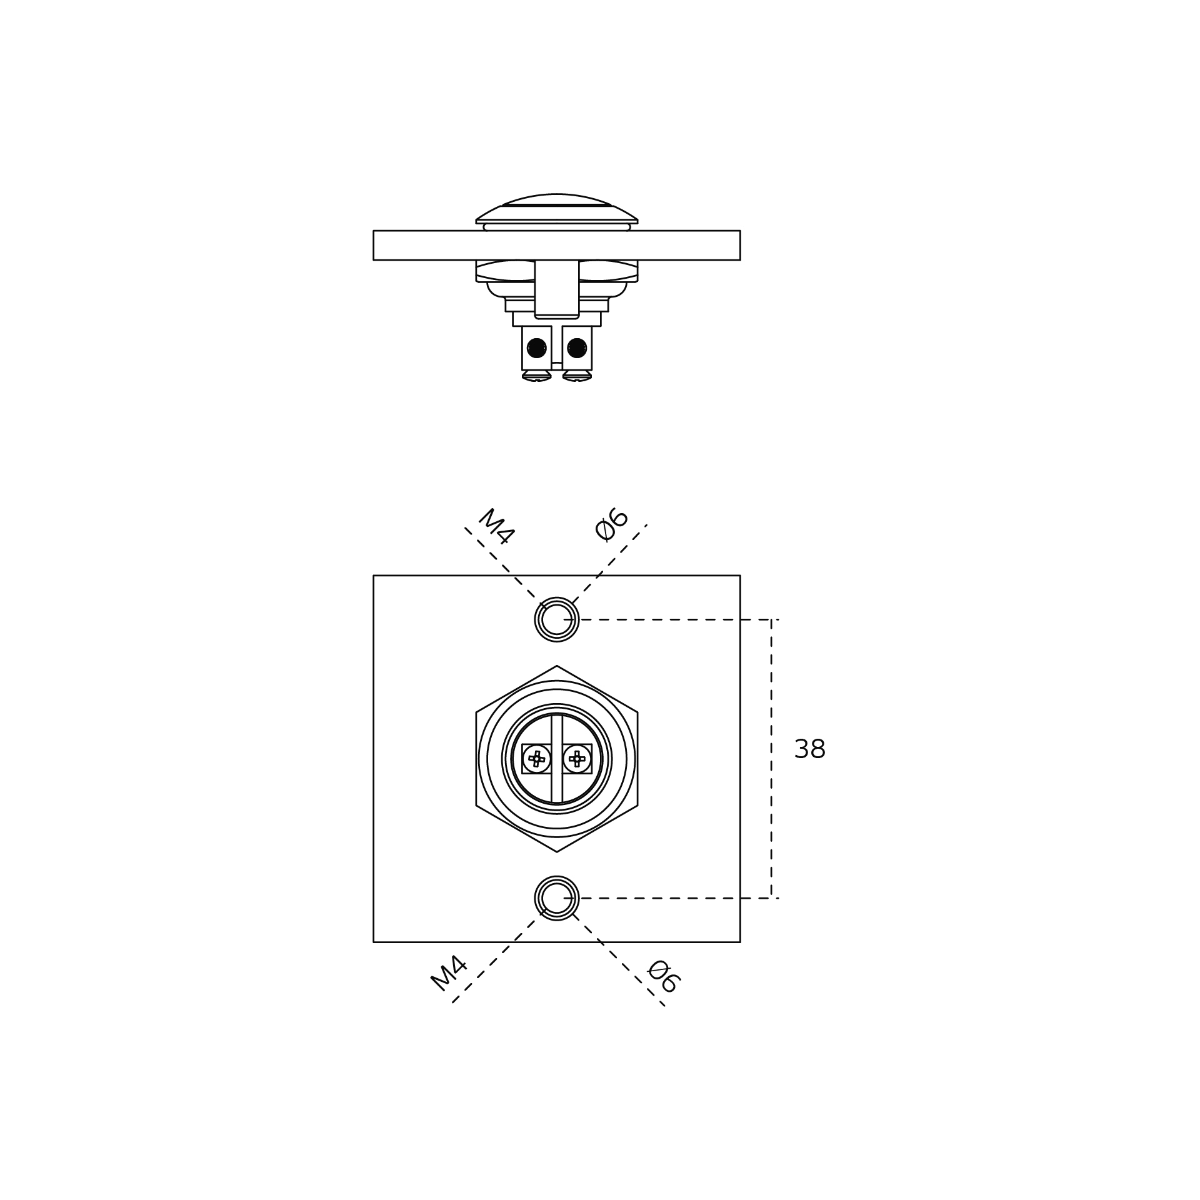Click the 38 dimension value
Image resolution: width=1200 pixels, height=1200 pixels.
(x=809, y=749)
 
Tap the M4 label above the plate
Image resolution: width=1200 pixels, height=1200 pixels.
(x=497, y=526)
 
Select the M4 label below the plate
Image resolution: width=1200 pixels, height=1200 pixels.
(x=449, y=974)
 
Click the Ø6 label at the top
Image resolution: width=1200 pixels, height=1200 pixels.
(x=612, y=524)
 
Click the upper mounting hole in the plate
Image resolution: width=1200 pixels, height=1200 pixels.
(x=557, y=619)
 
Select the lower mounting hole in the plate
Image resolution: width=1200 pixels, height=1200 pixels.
(x=557, y=898)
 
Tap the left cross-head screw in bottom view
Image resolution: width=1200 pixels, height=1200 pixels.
(x=537, y=759)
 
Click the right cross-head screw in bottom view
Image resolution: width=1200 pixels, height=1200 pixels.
(x=577, y=759)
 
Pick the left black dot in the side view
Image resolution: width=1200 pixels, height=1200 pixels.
(x=537, y=347)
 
